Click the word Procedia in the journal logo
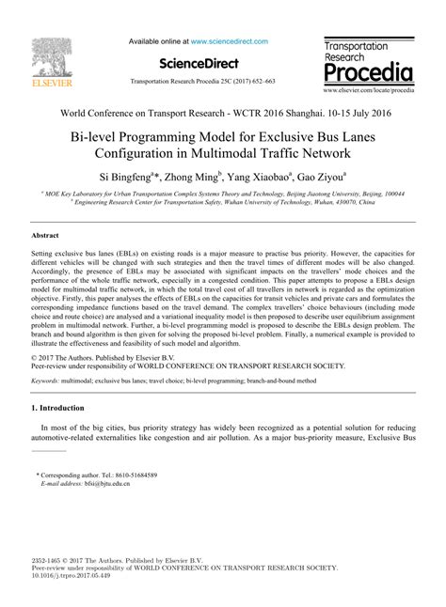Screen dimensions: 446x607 367,72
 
